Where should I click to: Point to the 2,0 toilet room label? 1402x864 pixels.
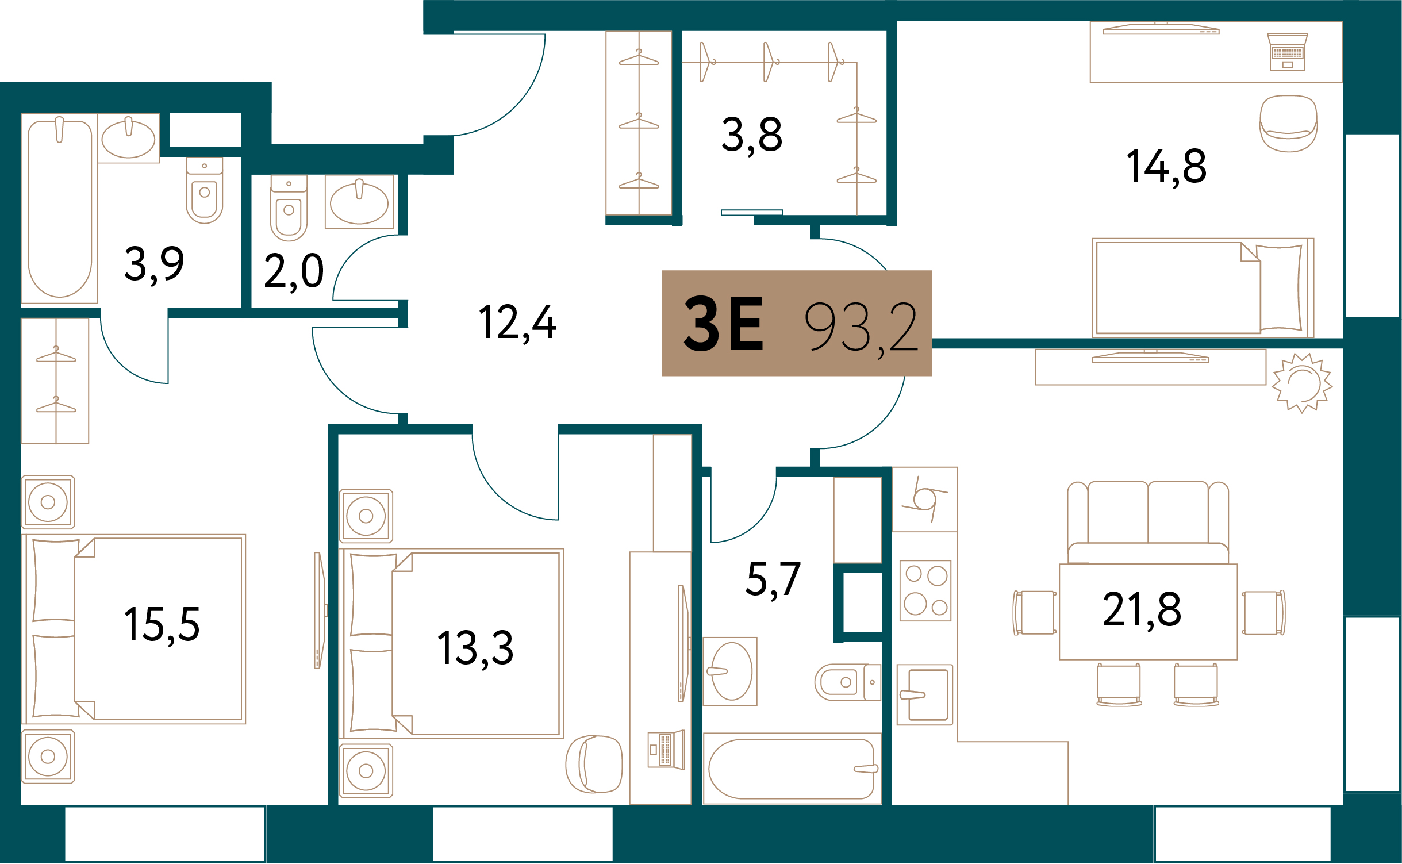294,272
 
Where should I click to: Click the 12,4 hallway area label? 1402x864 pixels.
517,324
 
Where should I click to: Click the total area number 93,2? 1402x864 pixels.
861,328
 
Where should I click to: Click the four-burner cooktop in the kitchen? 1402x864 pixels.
925,591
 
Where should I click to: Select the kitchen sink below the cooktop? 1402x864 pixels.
925,695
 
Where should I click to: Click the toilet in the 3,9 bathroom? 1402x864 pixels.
205,191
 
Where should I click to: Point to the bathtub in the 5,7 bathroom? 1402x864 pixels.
792,769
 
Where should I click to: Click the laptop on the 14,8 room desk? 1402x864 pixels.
1288,52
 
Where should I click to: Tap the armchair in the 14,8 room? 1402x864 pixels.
1288,124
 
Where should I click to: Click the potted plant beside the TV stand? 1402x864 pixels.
1302,383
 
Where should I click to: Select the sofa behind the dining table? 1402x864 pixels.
1148,523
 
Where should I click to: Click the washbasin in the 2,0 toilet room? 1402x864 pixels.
359,202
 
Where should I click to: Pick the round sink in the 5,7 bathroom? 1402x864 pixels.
730,671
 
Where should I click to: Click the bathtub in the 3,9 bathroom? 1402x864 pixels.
60,208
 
